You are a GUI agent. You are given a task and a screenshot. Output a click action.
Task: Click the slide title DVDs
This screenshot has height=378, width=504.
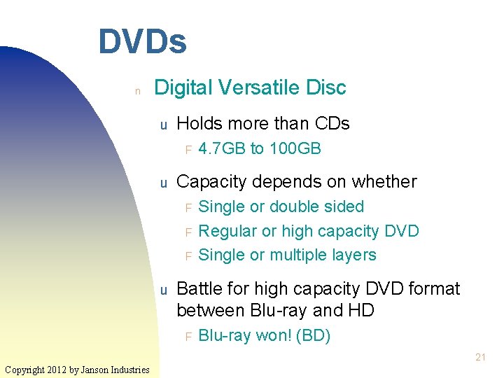click(x=142, y=41)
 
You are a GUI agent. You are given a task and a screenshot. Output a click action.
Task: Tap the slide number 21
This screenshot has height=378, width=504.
click(x=480, y=358)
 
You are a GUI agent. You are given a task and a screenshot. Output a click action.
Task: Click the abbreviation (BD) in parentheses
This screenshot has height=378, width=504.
click(x=314, y=336)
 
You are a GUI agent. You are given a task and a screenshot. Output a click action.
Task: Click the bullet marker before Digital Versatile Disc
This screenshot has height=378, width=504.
click(x=138, y=90)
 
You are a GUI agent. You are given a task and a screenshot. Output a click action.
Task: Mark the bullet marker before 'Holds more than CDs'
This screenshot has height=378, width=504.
click(x=162, y=125)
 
